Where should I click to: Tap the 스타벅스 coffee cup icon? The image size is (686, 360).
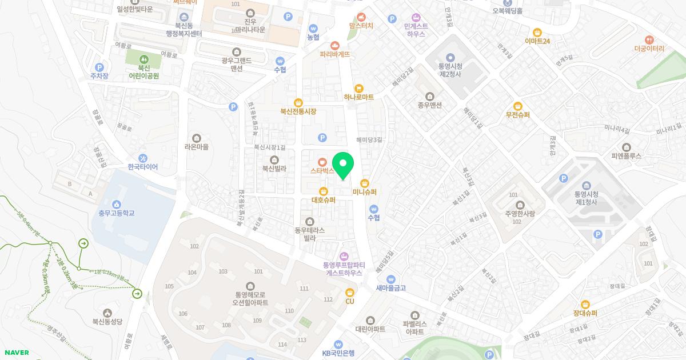(x=323, y=161)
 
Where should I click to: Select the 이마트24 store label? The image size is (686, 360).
(x=537, y=41)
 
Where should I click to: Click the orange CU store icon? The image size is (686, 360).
(x=350, y=293)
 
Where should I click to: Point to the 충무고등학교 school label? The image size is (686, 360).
(x=116, y=213)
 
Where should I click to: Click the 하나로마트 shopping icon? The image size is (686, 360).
(x=359, y=88)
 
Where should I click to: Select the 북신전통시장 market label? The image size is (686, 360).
(x=298, y=111)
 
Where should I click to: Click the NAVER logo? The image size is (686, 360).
(x=15, y=353)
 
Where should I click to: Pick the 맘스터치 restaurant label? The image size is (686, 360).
(x=361, y=26)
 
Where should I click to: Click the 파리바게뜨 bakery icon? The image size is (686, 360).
(x=335, y=45)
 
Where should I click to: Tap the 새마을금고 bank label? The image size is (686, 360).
(x=391, y=288)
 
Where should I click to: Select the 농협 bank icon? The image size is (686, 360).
(x=313, y=28)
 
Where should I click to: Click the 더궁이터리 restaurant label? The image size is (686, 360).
(x=649, y=49)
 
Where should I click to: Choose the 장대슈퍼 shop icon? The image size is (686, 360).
(x=585, y=304)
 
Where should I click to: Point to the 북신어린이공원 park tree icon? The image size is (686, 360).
(x=143, y=59)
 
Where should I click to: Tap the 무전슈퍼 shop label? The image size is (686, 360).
(x=518, y=115)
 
